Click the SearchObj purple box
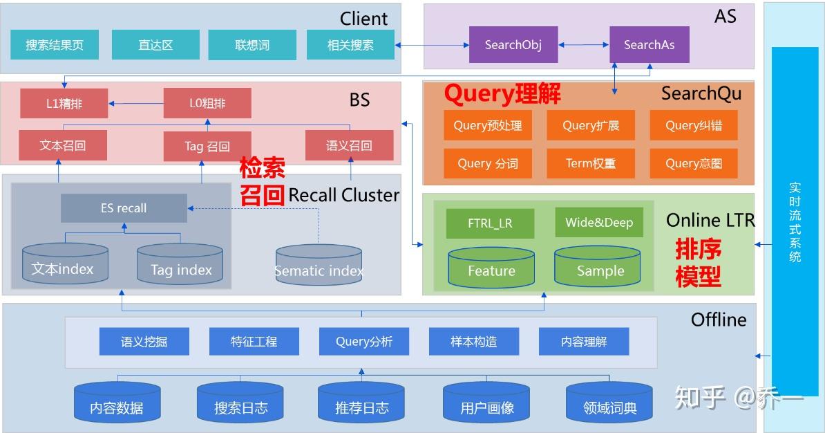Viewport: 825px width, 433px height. (513, 45)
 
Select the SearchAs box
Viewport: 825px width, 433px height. (649, 45)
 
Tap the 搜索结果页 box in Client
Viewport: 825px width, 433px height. (55, 45)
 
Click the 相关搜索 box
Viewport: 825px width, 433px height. (350, 45)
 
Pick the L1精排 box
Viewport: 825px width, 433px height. (64, 104)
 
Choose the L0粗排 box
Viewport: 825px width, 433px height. (207, 104)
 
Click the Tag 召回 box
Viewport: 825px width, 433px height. (207, 146)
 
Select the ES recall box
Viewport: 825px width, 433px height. (124, 208)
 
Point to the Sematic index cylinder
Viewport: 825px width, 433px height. (319, 266)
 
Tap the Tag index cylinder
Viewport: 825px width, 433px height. (181, 265)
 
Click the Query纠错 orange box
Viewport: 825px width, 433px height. (693, 126)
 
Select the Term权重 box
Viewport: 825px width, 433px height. (590, 164)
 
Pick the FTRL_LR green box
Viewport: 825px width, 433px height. (491, 223)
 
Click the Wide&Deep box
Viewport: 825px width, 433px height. (599, 223)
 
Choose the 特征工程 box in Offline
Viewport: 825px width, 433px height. (254, 342)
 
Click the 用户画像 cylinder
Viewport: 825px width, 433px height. (487, 403)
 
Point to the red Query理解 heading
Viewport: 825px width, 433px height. (502, 94)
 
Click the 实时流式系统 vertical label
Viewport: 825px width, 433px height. (795, 221)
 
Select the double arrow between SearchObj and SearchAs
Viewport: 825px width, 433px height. (584, 45)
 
